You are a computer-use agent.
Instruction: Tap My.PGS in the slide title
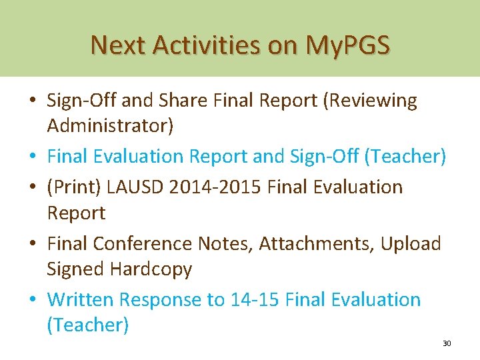click(347, 45)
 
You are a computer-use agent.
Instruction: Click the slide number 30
click(447, 343)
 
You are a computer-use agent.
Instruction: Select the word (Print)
click(73, 187)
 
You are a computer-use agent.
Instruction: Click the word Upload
click(411, 244)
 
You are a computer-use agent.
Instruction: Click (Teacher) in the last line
click(87, 325)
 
